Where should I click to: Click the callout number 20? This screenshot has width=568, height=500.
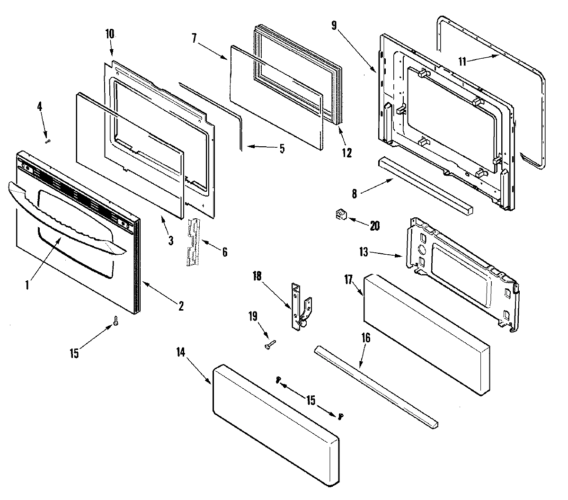(x=374, y=226)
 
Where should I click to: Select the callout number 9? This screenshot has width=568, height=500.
(x=334, y=26)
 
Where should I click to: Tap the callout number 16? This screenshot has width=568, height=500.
(x=365, y=338)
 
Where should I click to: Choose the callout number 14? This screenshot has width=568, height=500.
(x=181, y=352)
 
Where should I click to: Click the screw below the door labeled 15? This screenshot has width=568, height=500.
(x=115, y=321)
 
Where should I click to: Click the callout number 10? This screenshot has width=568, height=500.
(x=110, y=35)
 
